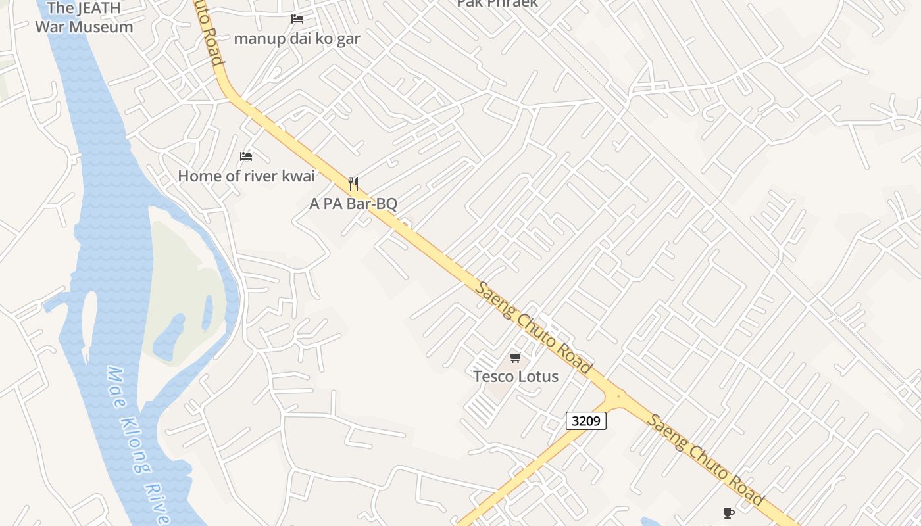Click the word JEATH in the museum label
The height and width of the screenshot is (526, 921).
(99, 9)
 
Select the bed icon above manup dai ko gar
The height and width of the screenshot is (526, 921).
(297, 19)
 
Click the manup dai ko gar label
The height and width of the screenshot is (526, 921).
(297, 38)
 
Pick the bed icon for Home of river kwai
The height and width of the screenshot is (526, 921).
(246, 156)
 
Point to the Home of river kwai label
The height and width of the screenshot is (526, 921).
(247, 176)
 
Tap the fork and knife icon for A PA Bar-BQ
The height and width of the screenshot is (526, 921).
(353, 183)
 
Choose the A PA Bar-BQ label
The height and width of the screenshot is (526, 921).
(353, 203)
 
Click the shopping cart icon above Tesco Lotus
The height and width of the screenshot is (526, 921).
(516, 357)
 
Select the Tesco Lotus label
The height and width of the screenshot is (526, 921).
(516, 377)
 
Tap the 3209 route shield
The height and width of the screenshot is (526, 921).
(585, 421)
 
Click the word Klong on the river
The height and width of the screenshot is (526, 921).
(132, 434)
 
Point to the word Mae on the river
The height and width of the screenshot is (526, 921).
(115, 381)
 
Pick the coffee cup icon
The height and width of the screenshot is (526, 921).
(728, 513)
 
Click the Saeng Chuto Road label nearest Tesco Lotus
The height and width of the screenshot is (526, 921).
(534, 328)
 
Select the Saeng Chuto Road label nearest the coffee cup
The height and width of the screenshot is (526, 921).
(705, 460)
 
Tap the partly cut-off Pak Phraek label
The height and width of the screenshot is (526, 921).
(497, 3)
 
